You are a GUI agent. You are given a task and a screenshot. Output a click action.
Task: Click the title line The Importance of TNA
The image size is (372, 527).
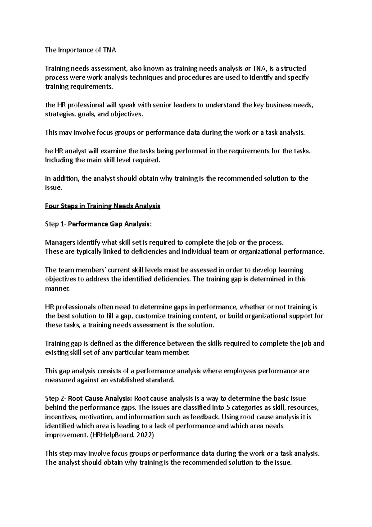point(80,50)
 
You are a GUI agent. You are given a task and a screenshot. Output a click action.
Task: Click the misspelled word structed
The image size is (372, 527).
point(293,68)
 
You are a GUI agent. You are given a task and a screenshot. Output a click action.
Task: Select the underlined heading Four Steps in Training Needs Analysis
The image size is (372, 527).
point(103,206)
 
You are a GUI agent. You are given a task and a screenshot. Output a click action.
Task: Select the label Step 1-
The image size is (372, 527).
point(55,224)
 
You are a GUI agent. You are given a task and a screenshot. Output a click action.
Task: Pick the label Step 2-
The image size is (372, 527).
point(55,398)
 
